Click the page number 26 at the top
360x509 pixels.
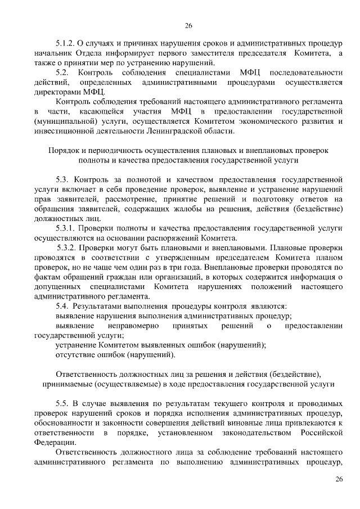click(x=188, y=25)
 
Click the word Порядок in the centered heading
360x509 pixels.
click(x=63, y=151)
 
